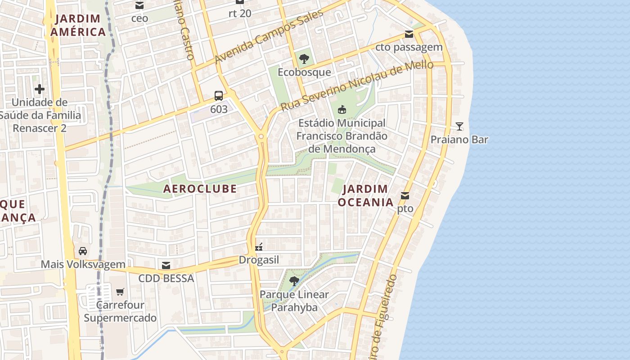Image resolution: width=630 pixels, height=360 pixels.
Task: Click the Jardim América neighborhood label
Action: pos(78,25)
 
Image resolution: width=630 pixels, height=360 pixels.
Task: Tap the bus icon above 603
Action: pos(219,95)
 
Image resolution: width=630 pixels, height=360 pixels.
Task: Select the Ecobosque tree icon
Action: pos(304,58)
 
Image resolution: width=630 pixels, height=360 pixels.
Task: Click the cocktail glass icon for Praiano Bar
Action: pos(459,126)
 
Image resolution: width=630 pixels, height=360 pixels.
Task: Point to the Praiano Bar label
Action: pos(459,139)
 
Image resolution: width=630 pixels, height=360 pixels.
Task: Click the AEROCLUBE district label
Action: pos(200,189)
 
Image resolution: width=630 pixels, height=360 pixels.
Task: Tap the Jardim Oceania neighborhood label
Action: pos(365,196)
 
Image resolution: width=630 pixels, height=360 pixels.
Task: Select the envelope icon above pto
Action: pos(405,196)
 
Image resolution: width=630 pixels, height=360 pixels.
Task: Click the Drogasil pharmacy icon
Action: pos(259,247)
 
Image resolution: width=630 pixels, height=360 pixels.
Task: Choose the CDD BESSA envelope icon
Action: pos(166,265)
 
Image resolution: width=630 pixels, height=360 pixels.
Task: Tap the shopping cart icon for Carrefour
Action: pos(120,292)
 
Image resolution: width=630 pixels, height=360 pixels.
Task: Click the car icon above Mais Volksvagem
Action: pos(83,251)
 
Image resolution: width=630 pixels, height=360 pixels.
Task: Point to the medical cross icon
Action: pos(40,89)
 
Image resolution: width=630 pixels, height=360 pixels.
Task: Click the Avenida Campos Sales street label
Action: pos(269,37)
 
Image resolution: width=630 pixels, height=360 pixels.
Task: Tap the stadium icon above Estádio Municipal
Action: pos(342,109)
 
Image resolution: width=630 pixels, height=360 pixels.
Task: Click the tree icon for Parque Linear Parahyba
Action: pos(294,281)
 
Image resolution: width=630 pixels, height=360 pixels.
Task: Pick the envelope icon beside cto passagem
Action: pos(409,34)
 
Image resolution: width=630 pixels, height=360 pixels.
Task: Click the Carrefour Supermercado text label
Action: pos(120,311)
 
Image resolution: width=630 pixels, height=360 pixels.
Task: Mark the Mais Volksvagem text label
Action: pos(83,264)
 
